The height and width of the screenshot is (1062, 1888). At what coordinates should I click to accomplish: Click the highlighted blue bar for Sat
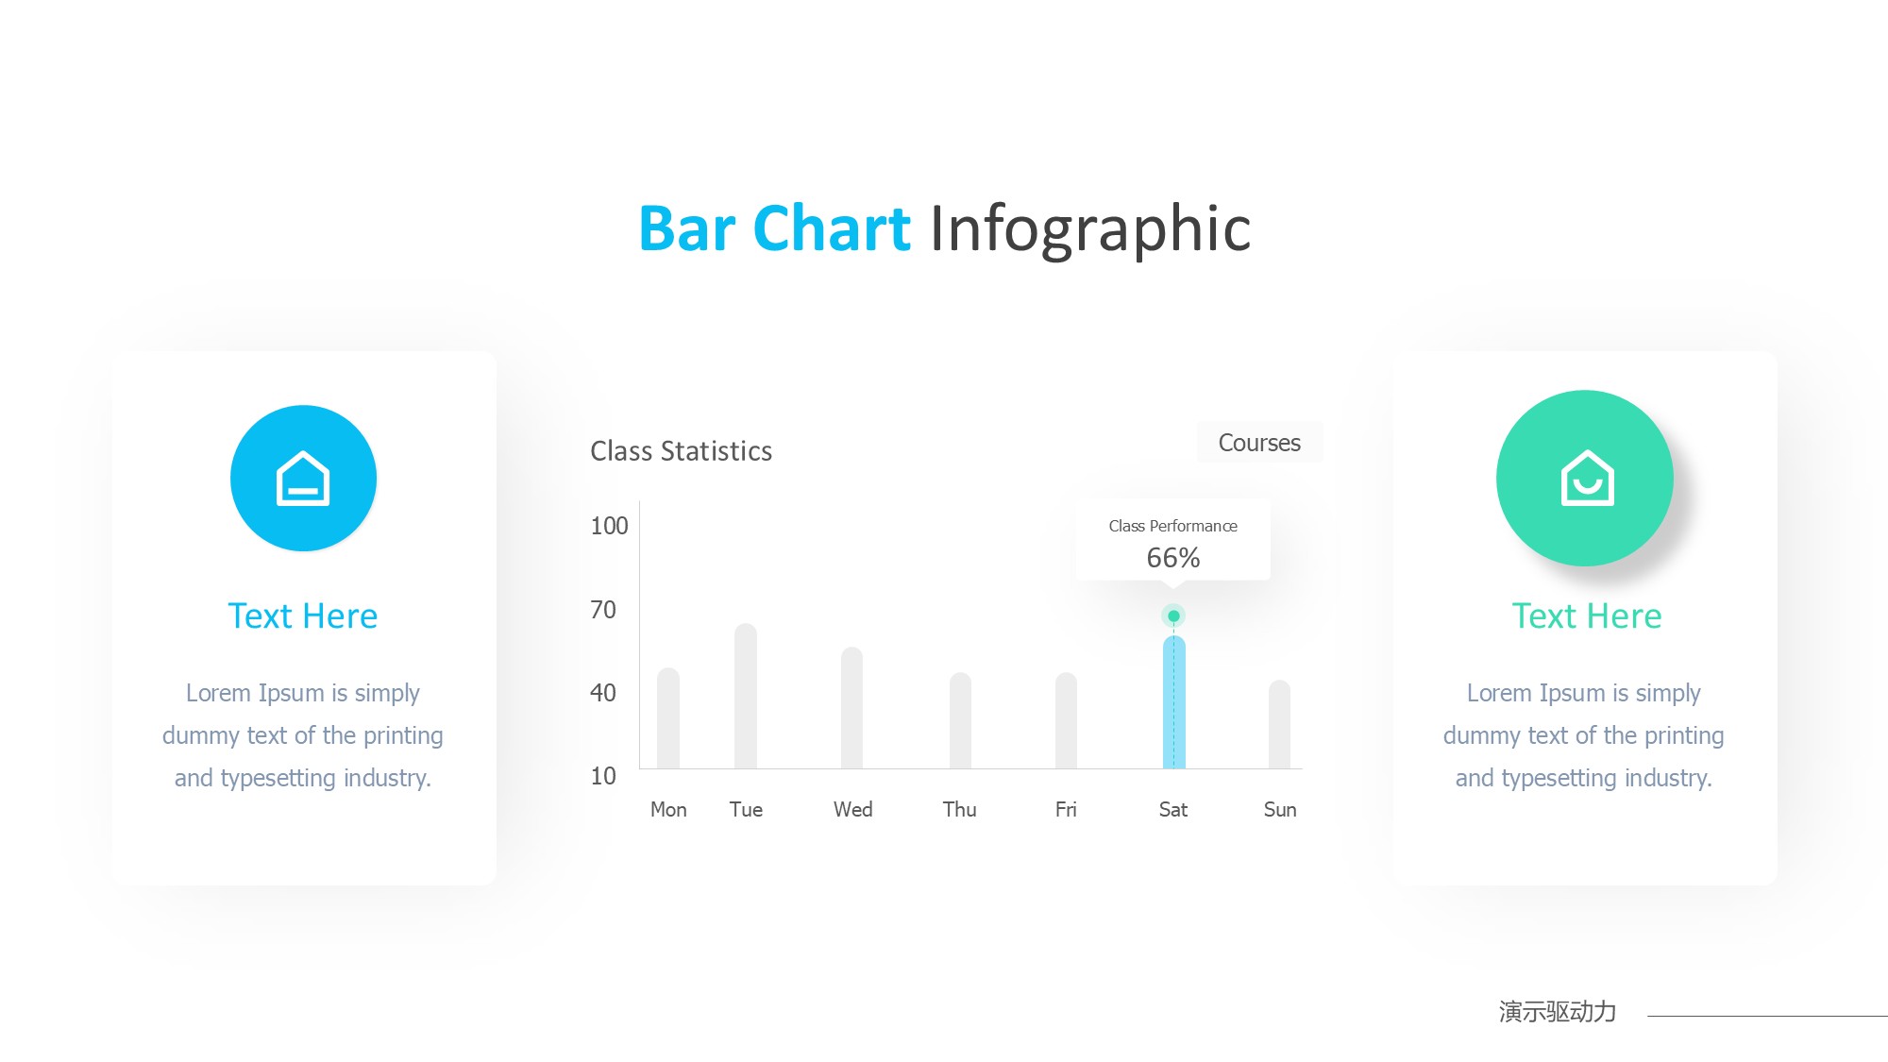1173,702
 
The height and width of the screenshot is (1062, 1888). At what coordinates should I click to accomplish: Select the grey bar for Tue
746,696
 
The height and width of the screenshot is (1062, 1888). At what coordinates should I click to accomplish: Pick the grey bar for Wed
851,708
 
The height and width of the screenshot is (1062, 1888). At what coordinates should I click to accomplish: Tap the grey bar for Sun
1279,724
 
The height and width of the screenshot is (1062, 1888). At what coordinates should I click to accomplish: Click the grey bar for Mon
668,718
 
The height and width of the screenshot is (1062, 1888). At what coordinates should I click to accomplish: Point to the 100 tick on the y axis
609,526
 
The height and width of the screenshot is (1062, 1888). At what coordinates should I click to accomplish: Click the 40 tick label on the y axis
603,693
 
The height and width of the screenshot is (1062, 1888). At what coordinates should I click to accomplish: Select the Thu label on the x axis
959,809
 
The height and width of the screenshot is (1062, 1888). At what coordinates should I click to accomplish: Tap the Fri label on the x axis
1066,809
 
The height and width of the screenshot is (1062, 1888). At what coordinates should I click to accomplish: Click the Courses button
1259,442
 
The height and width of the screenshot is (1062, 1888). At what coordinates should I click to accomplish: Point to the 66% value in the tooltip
1173,558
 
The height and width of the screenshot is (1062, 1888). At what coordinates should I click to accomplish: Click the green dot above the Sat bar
1173,615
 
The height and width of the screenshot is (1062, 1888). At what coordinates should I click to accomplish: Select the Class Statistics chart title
682,451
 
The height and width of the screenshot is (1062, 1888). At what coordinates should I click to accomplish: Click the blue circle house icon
303,479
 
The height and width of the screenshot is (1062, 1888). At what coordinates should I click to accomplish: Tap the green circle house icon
1585,478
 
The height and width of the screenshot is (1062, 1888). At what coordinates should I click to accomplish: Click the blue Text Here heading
303,616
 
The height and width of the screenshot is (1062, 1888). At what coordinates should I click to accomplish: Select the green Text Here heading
1587,616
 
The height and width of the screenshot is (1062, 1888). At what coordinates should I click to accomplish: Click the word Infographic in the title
1090,229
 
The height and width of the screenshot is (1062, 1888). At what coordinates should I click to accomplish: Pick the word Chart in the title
832,228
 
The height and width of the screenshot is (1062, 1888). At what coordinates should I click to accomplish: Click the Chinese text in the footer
1558,1012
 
